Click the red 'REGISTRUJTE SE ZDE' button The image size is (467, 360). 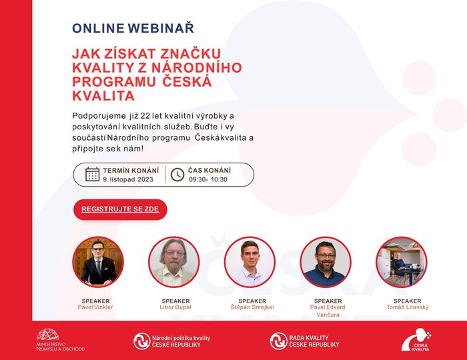[120, 209]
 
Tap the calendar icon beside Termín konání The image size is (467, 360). [92, 175]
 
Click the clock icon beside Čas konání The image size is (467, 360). [177, 175]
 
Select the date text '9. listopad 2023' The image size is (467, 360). [128, 179]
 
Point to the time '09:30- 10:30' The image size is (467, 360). [208, 179]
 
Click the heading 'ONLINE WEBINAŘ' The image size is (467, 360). [133, 28]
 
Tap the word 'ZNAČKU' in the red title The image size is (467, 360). [191, 54]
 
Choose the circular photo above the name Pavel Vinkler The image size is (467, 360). [98, 262]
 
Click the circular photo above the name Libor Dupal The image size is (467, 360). [174, 262]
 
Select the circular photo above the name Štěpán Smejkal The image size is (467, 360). [250, 262]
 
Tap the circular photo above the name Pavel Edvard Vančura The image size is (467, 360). [326, 262]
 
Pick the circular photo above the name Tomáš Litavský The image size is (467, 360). [402, 262]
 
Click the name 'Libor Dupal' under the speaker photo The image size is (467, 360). [175, 307]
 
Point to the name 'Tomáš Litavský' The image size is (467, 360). [408, 307]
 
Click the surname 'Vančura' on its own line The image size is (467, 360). [328, 315]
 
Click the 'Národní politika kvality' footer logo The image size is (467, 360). [172, 341]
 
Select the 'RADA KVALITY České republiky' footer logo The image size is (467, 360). [304, 341]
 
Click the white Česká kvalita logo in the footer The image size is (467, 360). [416, 340]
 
